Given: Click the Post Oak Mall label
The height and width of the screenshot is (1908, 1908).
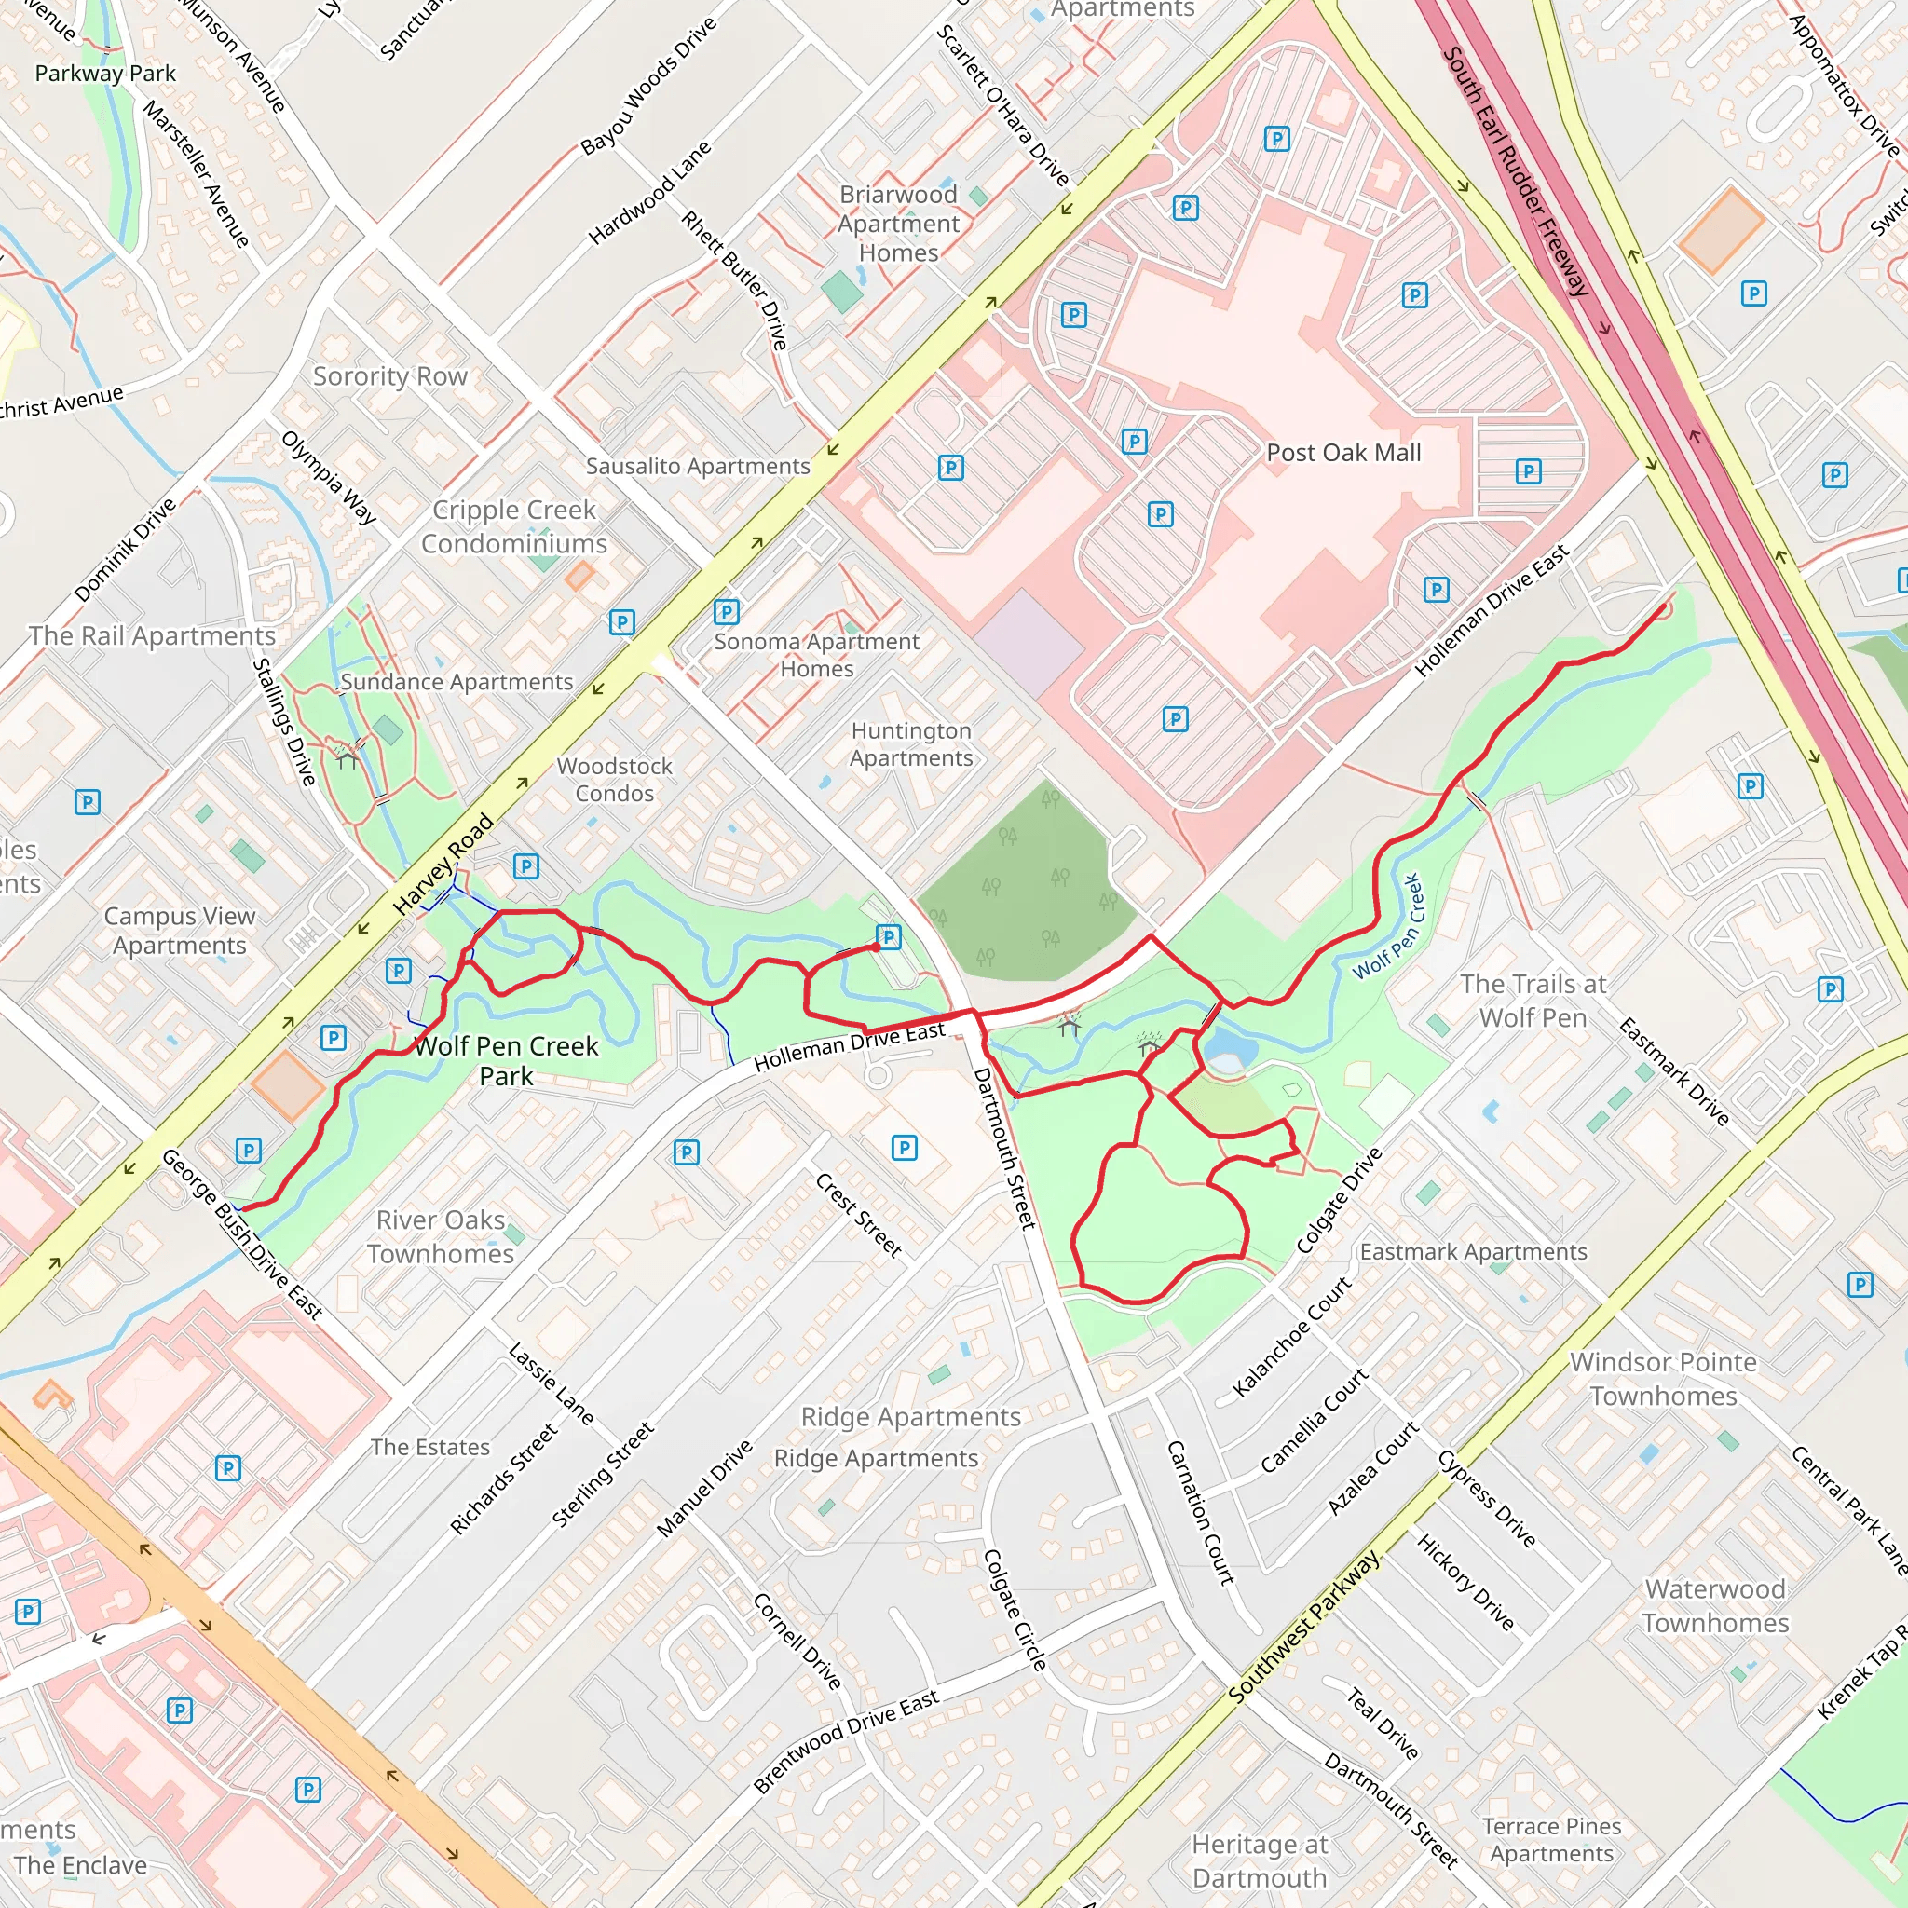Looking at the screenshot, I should point(1343,454).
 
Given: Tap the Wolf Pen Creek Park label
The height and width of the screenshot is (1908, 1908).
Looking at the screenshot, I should point(506,1060).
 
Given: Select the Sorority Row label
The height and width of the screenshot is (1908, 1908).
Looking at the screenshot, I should point(390,376).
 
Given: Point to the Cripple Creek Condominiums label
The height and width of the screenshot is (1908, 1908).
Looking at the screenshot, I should point(513,527).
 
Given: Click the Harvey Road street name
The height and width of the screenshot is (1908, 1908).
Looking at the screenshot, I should point(443,863).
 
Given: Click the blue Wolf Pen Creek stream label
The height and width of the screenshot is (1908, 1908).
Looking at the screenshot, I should point(1386,926).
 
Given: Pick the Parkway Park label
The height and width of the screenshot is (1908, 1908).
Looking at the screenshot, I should point(104,73).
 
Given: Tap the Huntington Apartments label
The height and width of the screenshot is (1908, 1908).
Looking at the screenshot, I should point(910,744).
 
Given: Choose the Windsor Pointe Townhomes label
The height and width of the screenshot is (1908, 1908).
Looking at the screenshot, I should point(1663,1379).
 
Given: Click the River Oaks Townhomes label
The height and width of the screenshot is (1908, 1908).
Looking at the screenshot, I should point(441,1236).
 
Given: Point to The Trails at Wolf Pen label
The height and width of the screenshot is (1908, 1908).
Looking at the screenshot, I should point(1533,1001).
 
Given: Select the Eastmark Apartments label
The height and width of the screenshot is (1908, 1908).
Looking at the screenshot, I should point(1473,1252).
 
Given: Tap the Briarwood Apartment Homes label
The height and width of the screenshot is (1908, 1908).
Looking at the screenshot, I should point(898,224).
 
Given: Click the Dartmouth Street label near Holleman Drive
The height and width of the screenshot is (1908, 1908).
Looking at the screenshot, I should point(1004,1148).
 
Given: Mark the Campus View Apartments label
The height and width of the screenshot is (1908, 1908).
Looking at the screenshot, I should point(180,931).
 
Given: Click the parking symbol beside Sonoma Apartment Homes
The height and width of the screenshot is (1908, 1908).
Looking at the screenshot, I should point(726,611).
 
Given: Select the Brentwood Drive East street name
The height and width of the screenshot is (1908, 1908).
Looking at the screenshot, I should point(845,1742).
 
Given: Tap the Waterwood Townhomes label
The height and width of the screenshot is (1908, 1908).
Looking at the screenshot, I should point(1715,1606).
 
